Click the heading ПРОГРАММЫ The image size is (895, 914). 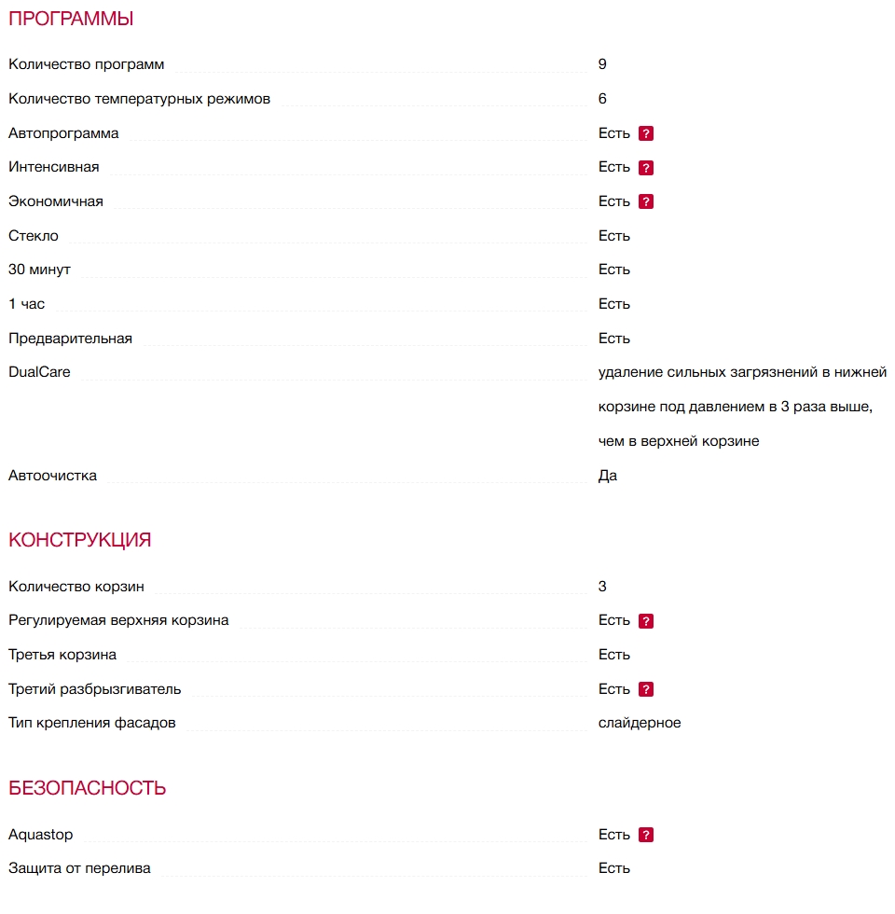pos(71,19)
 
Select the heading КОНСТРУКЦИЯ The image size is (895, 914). pos(79,540)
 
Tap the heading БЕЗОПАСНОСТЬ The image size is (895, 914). pos(87,788)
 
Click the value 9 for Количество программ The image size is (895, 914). pos(602,64)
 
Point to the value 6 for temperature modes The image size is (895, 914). pos(602,99)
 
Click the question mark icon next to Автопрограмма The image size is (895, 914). pos(646,133)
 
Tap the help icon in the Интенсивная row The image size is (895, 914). pos(646,168)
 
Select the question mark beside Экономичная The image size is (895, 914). pos(646,201)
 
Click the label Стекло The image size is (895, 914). pos(34,236)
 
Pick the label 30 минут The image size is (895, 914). pos(39,270)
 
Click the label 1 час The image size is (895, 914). pos(26,304)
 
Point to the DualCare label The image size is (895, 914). pos(39,372)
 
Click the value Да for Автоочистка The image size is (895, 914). pos(608,476)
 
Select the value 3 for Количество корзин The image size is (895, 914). pos(602,587)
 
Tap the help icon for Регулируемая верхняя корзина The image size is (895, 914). pos(646,621)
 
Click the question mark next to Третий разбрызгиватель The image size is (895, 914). pos(646,689)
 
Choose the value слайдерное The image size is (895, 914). pos(640,723)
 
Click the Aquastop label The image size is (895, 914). pos(40,835)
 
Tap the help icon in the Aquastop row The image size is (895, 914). pos(646,835)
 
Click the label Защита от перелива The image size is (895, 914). pos(79,868)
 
